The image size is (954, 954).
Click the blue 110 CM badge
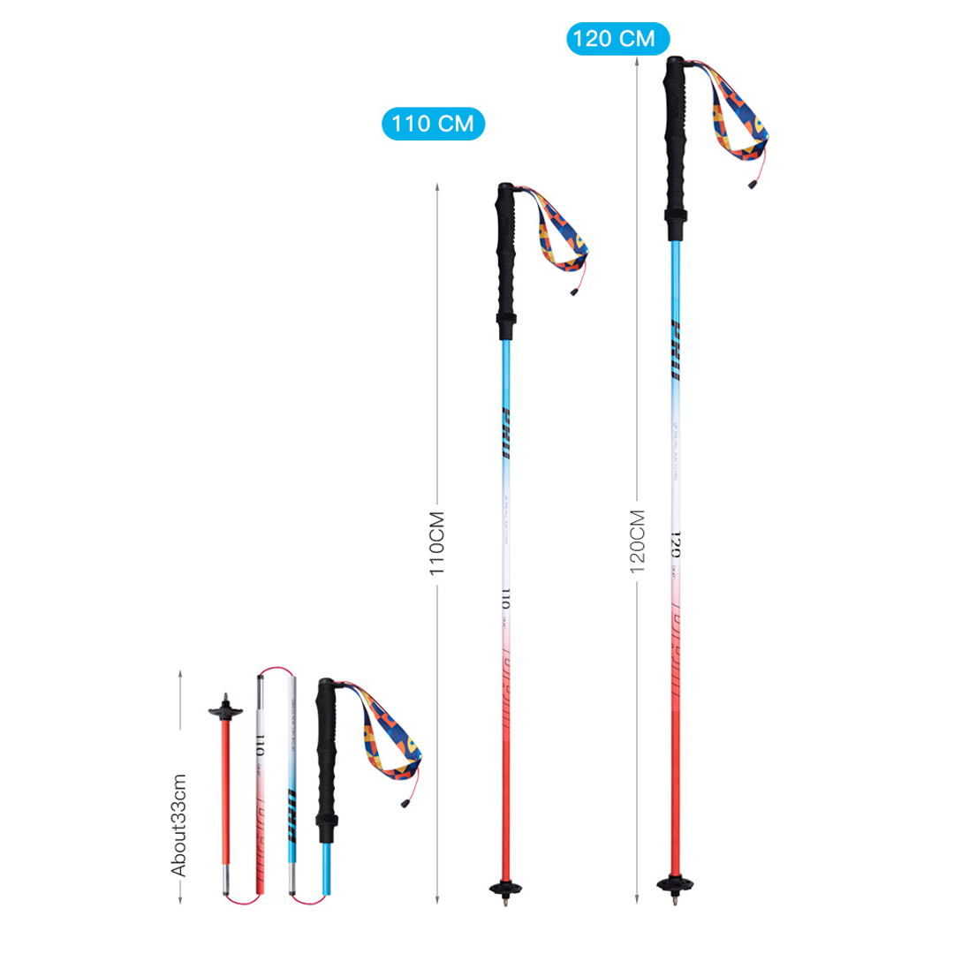pyautogui.click(x=433, y=123)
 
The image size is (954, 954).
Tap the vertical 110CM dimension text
pyautogui.click(x=435, y=542)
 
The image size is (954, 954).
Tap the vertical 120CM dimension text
pyautogui.click(x=637, y=541)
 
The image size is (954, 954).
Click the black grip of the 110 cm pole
pyautogui.click(x=506, y=261)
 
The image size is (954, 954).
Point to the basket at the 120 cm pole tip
pyautogui.click(x=673, y=883)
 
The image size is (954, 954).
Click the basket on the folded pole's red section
pyautogui.click(x=224, y=708)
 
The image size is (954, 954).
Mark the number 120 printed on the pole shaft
pyautogui.click(x=674, y=541)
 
